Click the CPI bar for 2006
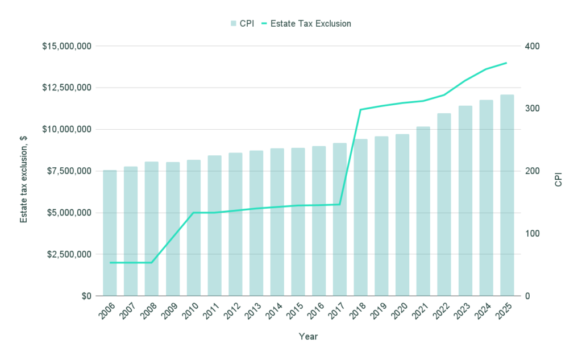point(110,233)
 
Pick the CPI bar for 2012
point(235,224)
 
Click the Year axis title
point(308,337)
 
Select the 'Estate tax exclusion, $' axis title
point(24,171)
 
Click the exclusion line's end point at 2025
point(506,63)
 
